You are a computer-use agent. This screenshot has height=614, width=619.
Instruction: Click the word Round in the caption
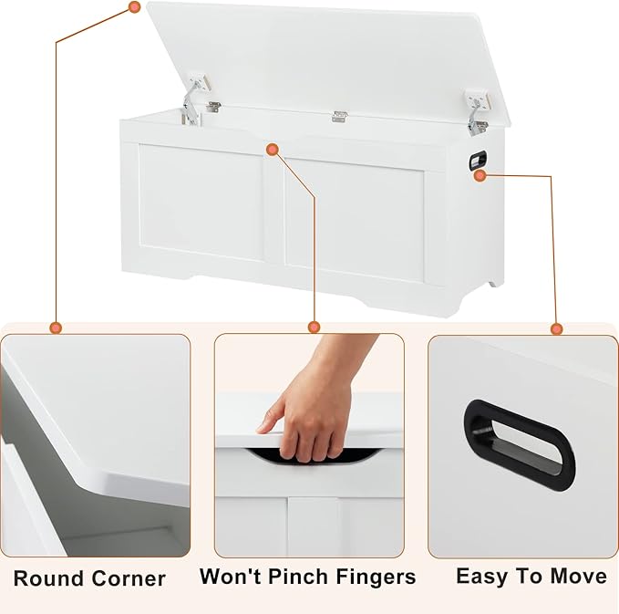coord(48,578)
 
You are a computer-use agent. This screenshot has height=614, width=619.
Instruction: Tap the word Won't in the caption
coord(230,576)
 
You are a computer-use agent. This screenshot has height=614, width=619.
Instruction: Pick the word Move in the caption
coord(579,576)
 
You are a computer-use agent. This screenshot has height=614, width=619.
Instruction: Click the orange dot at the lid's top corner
coord(135,6)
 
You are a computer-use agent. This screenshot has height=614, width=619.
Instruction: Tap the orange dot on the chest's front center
coord(273,150)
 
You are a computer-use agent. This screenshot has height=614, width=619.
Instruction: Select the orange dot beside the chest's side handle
coord(480,176)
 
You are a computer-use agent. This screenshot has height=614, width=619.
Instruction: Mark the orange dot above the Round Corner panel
coord(56,328)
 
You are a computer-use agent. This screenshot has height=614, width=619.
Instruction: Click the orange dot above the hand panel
coord(315,328)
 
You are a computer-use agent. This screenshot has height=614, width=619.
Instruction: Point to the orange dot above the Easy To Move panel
coord(557,328)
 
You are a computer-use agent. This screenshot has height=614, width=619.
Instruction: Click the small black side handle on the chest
coord(478,161)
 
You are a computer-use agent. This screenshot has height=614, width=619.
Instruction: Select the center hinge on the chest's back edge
coord(339,117)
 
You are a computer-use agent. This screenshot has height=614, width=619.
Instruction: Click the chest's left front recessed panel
coord(201,203)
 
